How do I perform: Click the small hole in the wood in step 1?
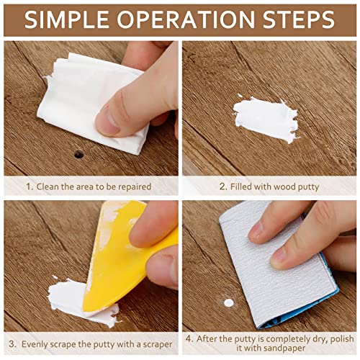click(78, 154)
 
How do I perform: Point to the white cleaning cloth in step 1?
click(86, 101)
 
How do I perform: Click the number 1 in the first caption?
click(28, 186)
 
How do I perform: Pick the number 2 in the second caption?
click(222, 186)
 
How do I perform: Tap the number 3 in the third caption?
click(10, 338)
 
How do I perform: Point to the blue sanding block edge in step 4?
click(317, 302)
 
